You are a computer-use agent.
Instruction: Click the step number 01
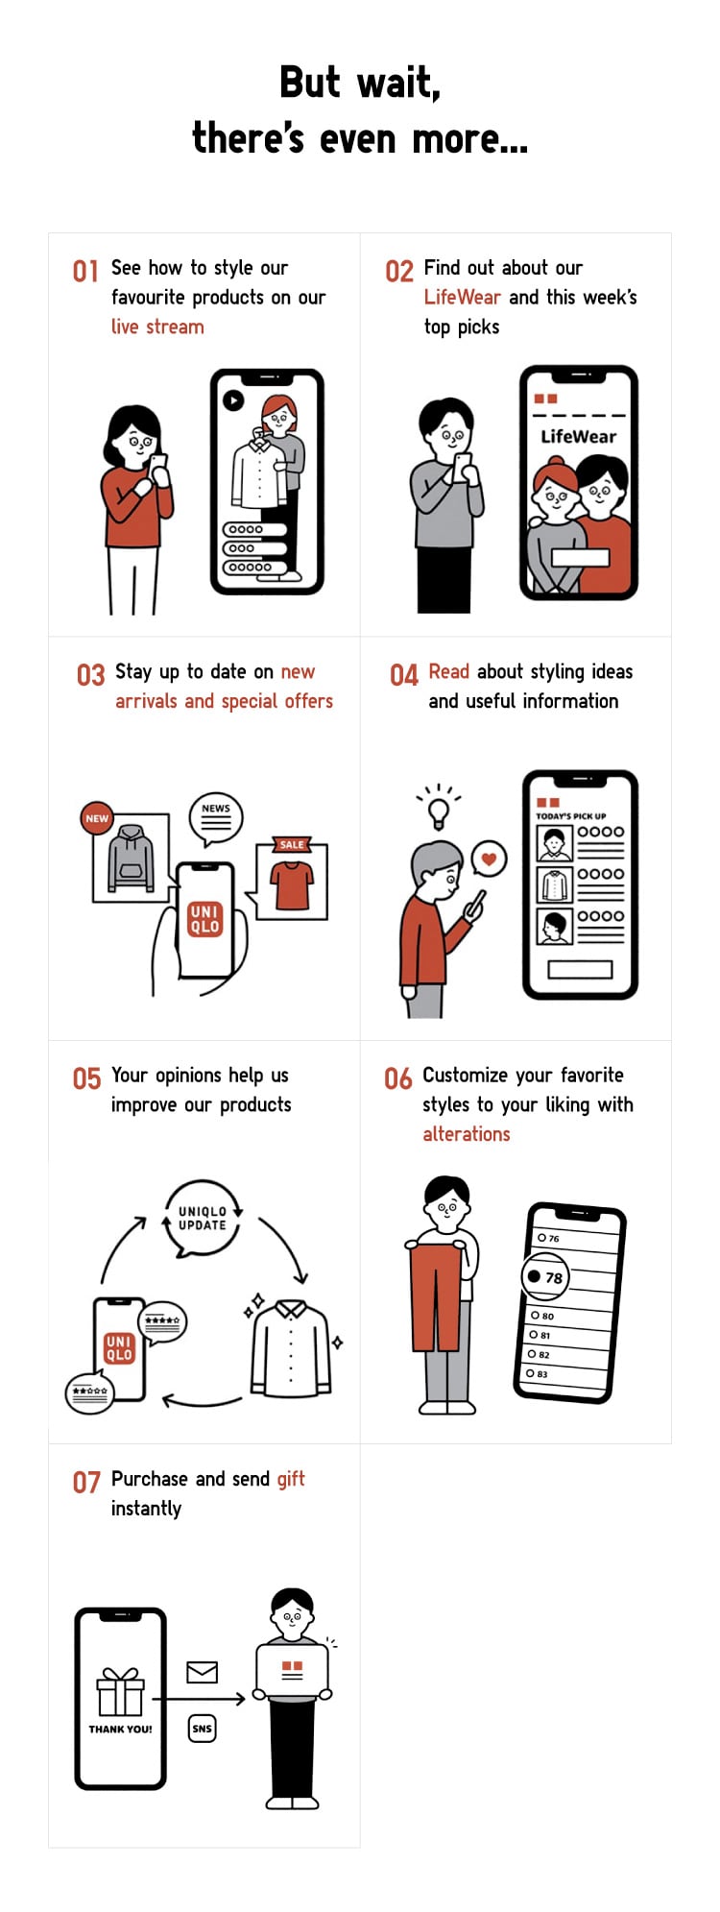point(85,271)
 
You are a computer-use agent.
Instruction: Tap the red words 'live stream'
point(157,327)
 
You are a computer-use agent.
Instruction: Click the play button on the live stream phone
point(233,399)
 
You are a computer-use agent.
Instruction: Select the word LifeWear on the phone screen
point(578,436)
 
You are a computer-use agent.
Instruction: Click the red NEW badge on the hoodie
point(97,819)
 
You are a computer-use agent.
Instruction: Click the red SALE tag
point(292,845)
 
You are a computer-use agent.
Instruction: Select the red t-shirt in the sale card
point(293,884)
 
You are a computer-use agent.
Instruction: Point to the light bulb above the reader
point(440,811)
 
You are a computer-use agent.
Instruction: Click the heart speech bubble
point(489,859)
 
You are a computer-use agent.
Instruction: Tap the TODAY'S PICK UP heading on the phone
point(571,816)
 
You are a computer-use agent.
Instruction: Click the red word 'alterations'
point(467,1134)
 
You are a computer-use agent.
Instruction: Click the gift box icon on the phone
point(120,1691)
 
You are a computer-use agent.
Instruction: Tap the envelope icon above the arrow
point(202,1672)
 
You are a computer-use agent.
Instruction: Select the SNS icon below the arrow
point(202,1729)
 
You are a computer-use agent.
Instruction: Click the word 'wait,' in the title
point(398,83)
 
